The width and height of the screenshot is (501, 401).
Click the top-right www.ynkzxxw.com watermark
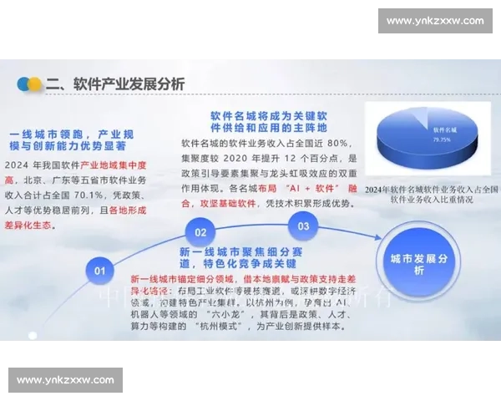(x=435, y=21)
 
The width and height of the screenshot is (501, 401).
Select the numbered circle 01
(x=100, y=270)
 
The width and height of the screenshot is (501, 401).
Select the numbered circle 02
(x=200, y=231)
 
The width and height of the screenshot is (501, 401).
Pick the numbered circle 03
(x=303, y=226)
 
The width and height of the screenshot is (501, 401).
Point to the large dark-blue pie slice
(x=426, y=146)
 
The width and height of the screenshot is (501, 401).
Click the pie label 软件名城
(x=445, y=130)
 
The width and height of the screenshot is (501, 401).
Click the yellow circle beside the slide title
(x=35, y=84)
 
